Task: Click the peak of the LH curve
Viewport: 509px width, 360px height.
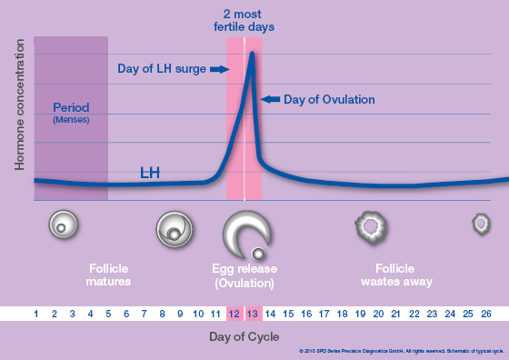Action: [x=252, y=54]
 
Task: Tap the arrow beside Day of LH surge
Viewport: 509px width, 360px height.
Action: [x=219, y=69]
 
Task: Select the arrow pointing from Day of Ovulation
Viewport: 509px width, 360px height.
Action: [x=270, y=98]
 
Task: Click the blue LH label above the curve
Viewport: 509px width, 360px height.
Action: [x=152, y=172]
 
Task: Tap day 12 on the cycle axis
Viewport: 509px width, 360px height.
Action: [x=235, y=314]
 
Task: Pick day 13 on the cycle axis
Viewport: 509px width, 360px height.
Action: [x=253, y=314]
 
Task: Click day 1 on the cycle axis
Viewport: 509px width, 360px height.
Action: [x=36, y=314]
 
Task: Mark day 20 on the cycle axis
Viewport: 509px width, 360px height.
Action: [x=378, y=314]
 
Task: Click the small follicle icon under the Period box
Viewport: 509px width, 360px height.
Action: [x=61, y=224]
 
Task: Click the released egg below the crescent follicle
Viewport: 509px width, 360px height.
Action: [x=259, y=253]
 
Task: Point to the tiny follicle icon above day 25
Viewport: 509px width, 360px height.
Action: [x=479, y=223]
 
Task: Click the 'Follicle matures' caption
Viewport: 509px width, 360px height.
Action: [x=109, y=275]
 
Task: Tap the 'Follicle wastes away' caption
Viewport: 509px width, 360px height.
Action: [x=395, y=275]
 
